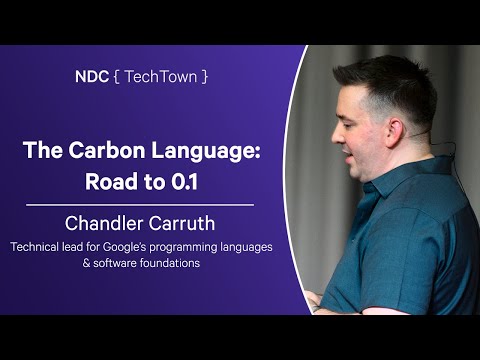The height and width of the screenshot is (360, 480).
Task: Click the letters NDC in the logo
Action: pyautogui.click(x=91, y=76)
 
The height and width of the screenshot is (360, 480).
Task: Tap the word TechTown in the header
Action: pyautogui.click(x=159, y=76)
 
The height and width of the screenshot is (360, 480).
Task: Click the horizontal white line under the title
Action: pyautogui.click(x=139, y=204)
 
